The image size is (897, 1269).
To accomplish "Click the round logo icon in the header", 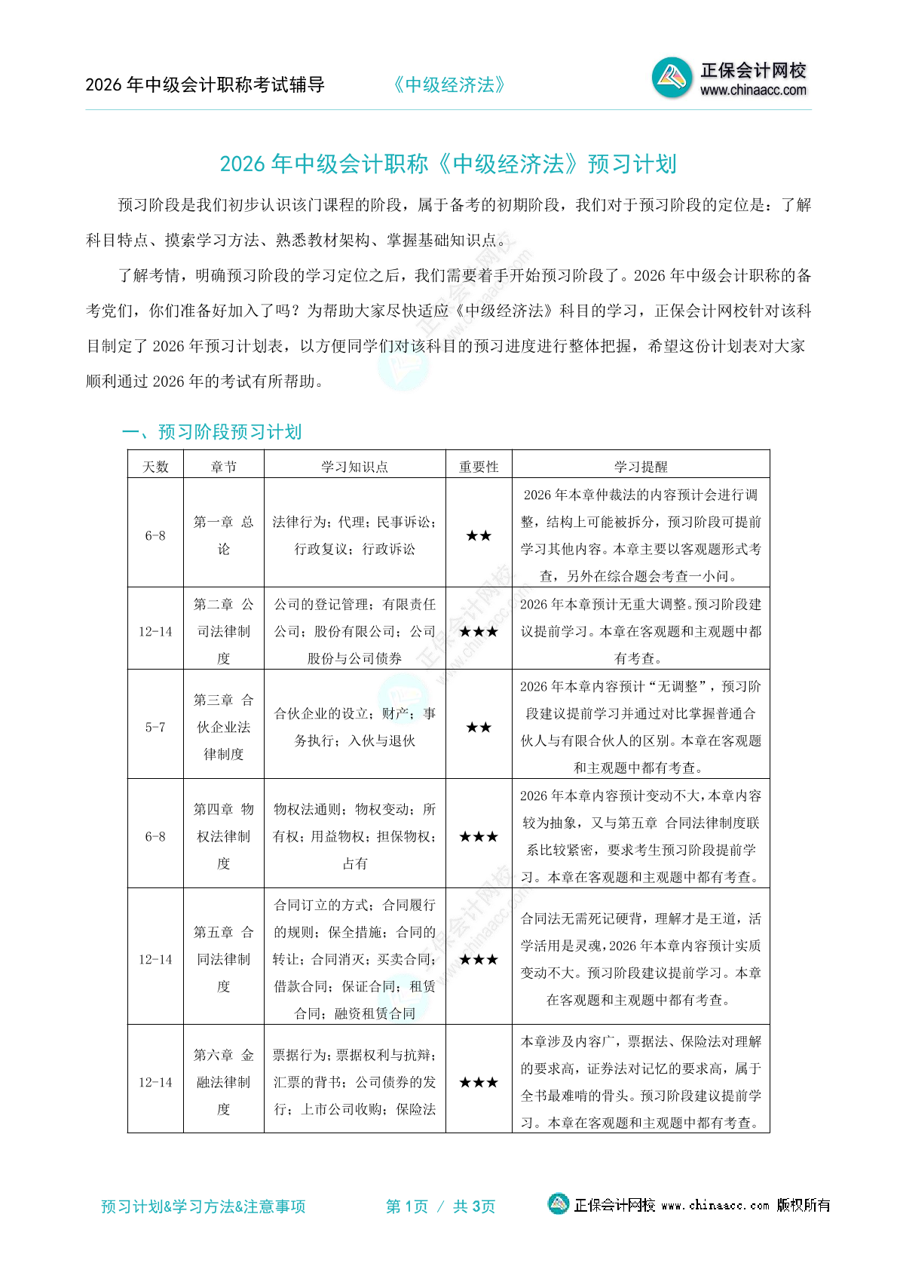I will [672, 78].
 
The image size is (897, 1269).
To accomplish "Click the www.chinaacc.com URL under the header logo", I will [753, 90].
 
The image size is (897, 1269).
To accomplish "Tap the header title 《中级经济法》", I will [449, 85].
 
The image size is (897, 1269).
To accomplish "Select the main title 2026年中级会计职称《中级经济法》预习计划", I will [448, 164].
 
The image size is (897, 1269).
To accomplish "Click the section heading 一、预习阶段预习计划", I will [212, 432].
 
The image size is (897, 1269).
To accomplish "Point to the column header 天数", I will [155, 467].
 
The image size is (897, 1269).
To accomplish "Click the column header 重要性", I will [479, 467].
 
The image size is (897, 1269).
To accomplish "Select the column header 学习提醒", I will [641, 467].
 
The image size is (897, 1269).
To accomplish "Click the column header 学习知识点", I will [354, 467].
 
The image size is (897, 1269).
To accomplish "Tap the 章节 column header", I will [224, 467].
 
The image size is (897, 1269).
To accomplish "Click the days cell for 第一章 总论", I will [155, 535].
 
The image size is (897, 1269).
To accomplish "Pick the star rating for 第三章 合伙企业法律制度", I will [479, 728].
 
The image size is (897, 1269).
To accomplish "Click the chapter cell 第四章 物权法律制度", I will [224, 836].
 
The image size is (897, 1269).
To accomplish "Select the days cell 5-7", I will [155, 728].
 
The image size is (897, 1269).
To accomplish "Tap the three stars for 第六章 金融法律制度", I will [479, 1083].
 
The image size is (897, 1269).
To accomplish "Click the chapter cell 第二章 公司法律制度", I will [224, 631].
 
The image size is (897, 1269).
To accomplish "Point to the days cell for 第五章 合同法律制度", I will [155, 959].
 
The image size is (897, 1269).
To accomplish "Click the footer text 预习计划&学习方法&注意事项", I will [204, 1206].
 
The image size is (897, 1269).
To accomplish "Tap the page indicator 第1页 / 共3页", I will [441, 1206].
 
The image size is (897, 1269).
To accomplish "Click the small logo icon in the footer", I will [558, 1204].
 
